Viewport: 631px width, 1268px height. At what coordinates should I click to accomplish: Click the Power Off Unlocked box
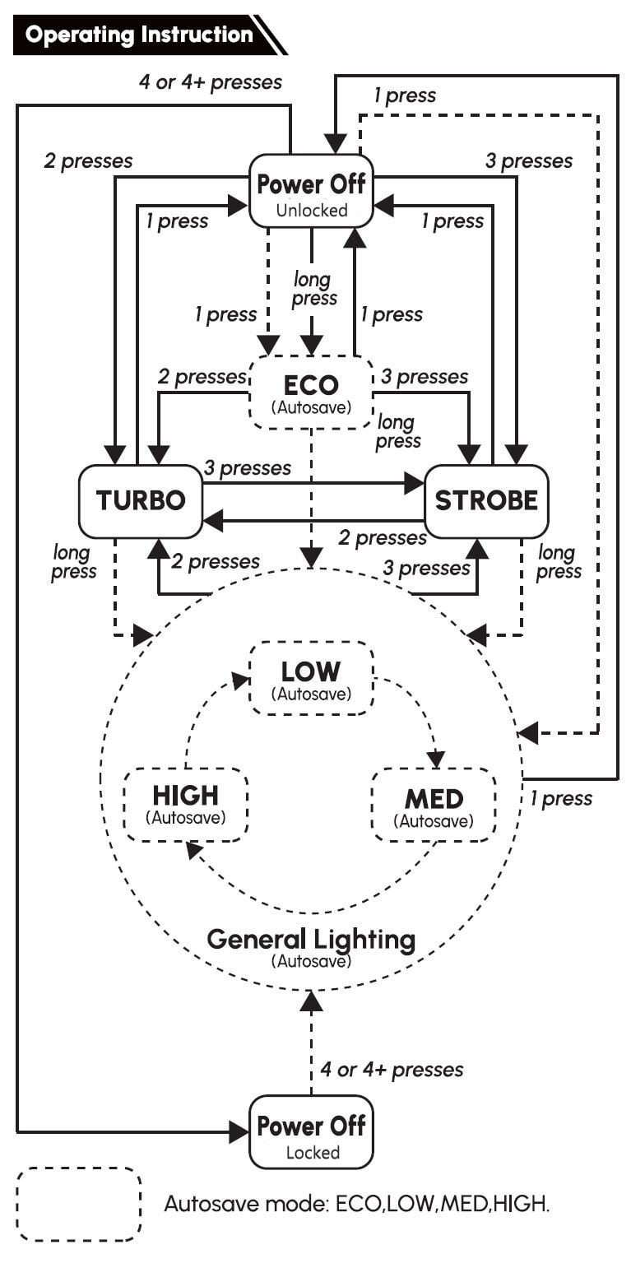coord(311,190)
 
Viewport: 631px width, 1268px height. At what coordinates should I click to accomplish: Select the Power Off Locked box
coord(311,1132)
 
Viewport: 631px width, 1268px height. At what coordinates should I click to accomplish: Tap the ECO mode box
coord(311,392)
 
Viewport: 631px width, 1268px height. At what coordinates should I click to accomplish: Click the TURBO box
coord(141,500)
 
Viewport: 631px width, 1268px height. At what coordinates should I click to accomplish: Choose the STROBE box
coord(486,500)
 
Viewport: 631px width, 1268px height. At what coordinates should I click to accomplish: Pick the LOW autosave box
coord(311,678)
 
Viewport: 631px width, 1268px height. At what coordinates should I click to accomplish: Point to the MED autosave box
coord(434,805)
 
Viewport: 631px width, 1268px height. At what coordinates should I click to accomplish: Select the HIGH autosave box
coord(185,803)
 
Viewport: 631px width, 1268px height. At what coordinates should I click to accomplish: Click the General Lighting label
coord(311,940)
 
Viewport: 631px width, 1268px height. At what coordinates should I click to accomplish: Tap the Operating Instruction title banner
coord(140,35)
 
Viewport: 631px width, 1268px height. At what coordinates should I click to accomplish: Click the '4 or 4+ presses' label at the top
coord(210,82)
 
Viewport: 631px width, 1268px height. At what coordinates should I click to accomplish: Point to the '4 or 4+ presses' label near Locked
coord(392,1069)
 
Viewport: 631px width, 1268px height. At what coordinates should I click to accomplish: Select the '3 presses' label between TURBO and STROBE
coord(247,467)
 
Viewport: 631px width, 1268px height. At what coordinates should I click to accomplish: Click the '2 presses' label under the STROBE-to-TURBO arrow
coord(383,538)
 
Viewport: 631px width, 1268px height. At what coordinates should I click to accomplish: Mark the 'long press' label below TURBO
coord(74,561)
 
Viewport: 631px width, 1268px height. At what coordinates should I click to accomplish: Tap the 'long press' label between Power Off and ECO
coord(314,289)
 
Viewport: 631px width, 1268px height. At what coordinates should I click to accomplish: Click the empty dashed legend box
coord(79,1203)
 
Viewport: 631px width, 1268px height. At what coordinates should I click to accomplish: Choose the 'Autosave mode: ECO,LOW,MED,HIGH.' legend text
coord(356,1204)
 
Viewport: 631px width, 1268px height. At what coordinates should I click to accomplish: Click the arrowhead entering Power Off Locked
coord(239,1132)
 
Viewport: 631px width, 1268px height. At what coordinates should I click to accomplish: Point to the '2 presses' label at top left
coord(88,160)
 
